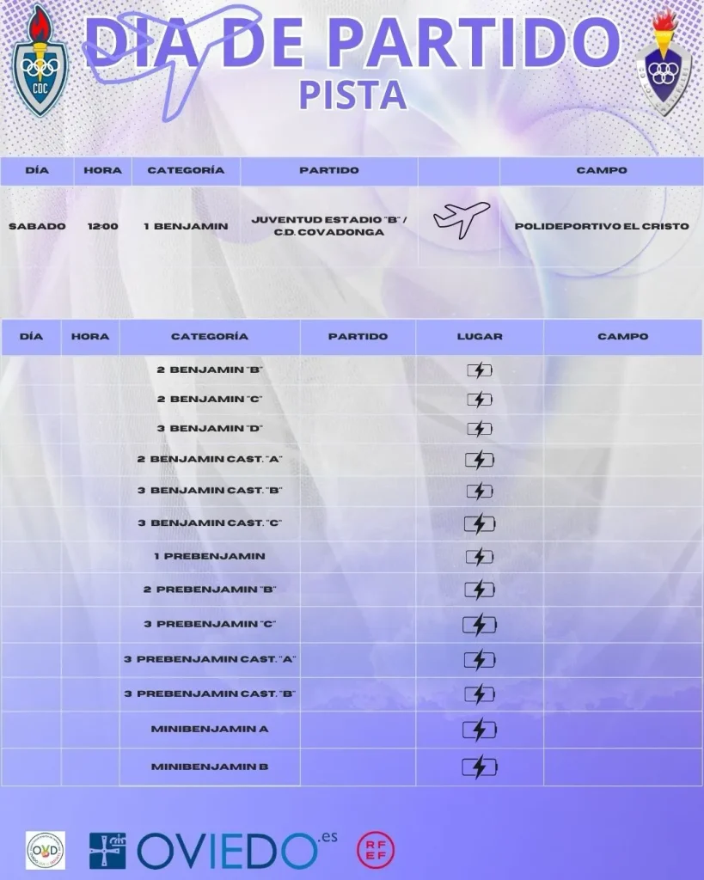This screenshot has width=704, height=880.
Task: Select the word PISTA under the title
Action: coord(352,95)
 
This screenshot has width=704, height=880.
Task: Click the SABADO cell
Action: coord(37,226)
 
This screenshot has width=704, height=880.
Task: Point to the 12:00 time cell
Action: coord(102,226)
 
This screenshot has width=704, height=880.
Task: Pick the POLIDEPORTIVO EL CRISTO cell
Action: coord(602,226)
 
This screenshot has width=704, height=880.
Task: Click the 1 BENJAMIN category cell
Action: coord(186,226)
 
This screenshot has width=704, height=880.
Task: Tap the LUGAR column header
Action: coord(480,336)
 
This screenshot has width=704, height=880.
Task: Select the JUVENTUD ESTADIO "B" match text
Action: coord(329,219)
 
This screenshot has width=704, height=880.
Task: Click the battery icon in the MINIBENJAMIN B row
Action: coord(480,767)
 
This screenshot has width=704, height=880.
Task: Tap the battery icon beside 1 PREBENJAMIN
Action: coord(480,556)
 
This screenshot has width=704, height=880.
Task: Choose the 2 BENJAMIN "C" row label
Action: coord(210,399)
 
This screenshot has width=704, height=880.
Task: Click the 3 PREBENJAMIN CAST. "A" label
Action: coord(210,659)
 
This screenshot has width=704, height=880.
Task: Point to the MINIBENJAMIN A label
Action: coord(210,729)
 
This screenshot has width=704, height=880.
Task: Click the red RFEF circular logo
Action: coord(376,849)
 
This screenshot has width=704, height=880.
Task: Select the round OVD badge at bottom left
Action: coord(46,850)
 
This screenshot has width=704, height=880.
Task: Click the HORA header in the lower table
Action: coord(90,336)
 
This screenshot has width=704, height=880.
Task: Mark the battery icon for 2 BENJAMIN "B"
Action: coord(480,370)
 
